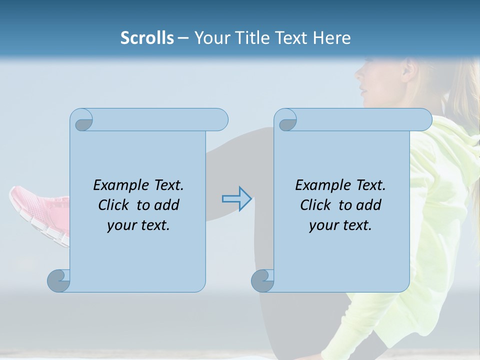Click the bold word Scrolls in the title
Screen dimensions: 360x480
tap(147, 38)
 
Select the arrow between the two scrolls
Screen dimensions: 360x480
tap(236, 199)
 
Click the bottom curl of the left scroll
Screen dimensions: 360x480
tap(58, 281)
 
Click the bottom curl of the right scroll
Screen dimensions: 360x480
tap(262, 281)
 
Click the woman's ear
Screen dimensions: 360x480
tap(407, 69)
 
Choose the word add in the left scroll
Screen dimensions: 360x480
tap(167, 205)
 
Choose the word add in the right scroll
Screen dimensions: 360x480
tap(369, 205)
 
